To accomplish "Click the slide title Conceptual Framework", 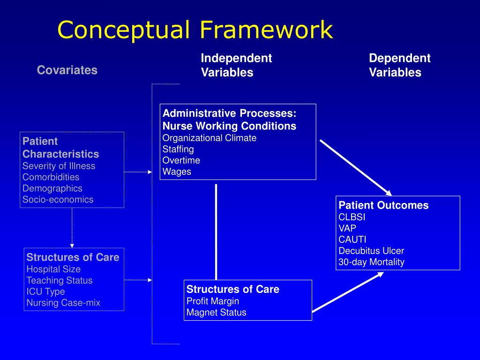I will click(x=195, y=30).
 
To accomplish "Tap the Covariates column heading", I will click(x=67, y=70).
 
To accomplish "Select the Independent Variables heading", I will click(x=236, y=65).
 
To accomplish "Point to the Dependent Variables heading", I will click(x=399, y=65).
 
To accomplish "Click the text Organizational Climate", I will click(x=210, y=138).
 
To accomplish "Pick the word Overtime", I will click(x=181, y=160).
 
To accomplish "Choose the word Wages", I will click(x=177, y=172).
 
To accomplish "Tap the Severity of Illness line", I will click(x=59, y=166).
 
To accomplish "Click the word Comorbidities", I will click(x=51, y=177).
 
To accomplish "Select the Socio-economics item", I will click(x=58, y=200).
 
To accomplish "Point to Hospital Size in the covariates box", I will click(x=53, y=269).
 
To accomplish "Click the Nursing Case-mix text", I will click(x=63, y=303).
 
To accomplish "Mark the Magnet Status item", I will click(x=216, y=312).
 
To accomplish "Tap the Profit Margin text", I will click(x=212, y=301).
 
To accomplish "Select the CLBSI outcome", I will click(x=352, y=217).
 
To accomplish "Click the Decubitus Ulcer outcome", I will click(x=371, y=251).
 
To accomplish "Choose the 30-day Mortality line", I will click(x=371, y=262).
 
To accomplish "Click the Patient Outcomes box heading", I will click(x=383, y=205).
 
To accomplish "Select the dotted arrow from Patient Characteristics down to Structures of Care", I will click(x=72, y=227).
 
